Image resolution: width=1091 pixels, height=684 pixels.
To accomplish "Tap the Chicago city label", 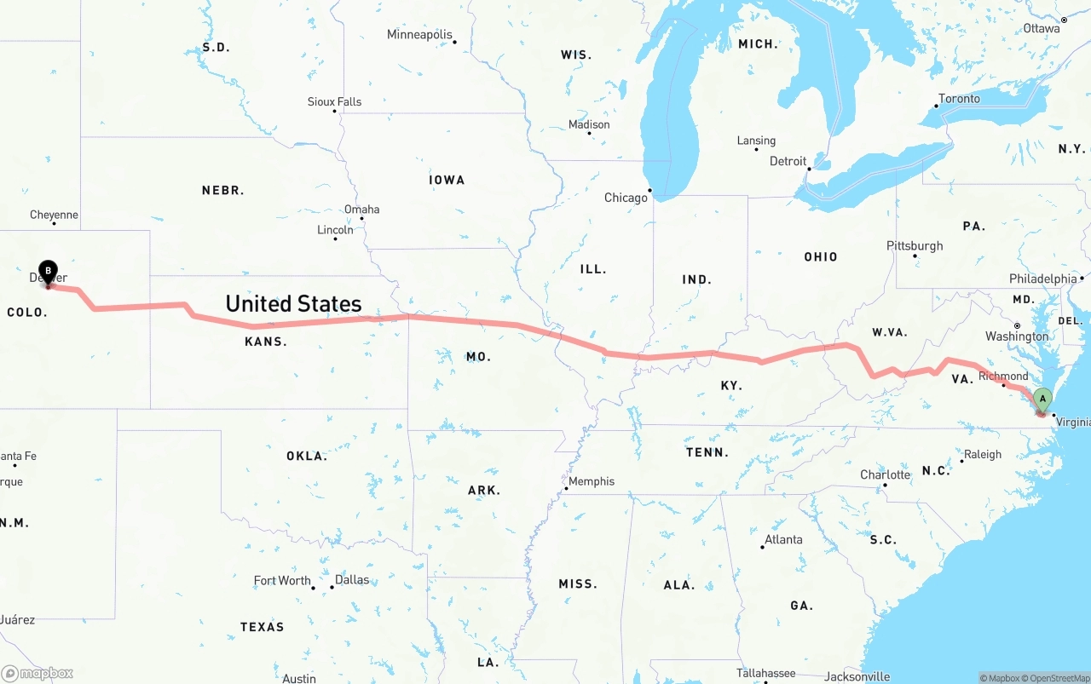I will click(x=626, y=198).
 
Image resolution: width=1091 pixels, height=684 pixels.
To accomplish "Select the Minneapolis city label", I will click(x=419, y=35).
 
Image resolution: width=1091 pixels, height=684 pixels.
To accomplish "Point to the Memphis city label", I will click(x=592, y=481).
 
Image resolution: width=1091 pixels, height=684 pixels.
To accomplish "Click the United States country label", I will click(x=293, y=303).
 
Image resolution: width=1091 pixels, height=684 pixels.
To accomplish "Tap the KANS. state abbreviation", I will click(x=266, y=342).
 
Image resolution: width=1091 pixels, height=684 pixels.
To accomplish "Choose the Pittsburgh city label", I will click(x=915, y=245).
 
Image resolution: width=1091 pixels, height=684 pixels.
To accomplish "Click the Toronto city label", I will click(x=959, y=99).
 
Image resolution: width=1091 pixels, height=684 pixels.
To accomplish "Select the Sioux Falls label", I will click(x=334, y=101).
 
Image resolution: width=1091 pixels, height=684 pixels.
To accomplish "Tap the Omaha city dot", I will click(x=361, y=218).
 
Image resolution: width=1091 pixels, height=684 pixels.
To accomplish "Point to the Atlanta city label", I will click(x=783, y=539).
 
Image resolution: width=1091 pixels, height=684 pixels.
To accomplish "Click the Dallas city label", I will click(x=352, y=580).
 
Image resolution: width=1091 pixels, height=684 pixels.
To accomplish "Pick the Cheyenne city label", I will click(x=54, y=215).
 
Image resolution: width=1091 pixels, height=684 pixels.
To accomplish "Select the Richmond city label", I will click(x=1003, y=376).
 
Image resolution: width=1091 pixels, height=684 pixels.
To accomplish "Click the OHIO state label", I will click(x=820, y=256).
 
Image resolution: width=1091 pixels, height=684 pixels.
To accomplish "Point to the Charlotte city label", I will click(x=885, y=474).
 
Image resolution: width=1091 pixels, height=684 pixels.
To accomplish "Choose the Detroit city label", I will click(x=788, y=161).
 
